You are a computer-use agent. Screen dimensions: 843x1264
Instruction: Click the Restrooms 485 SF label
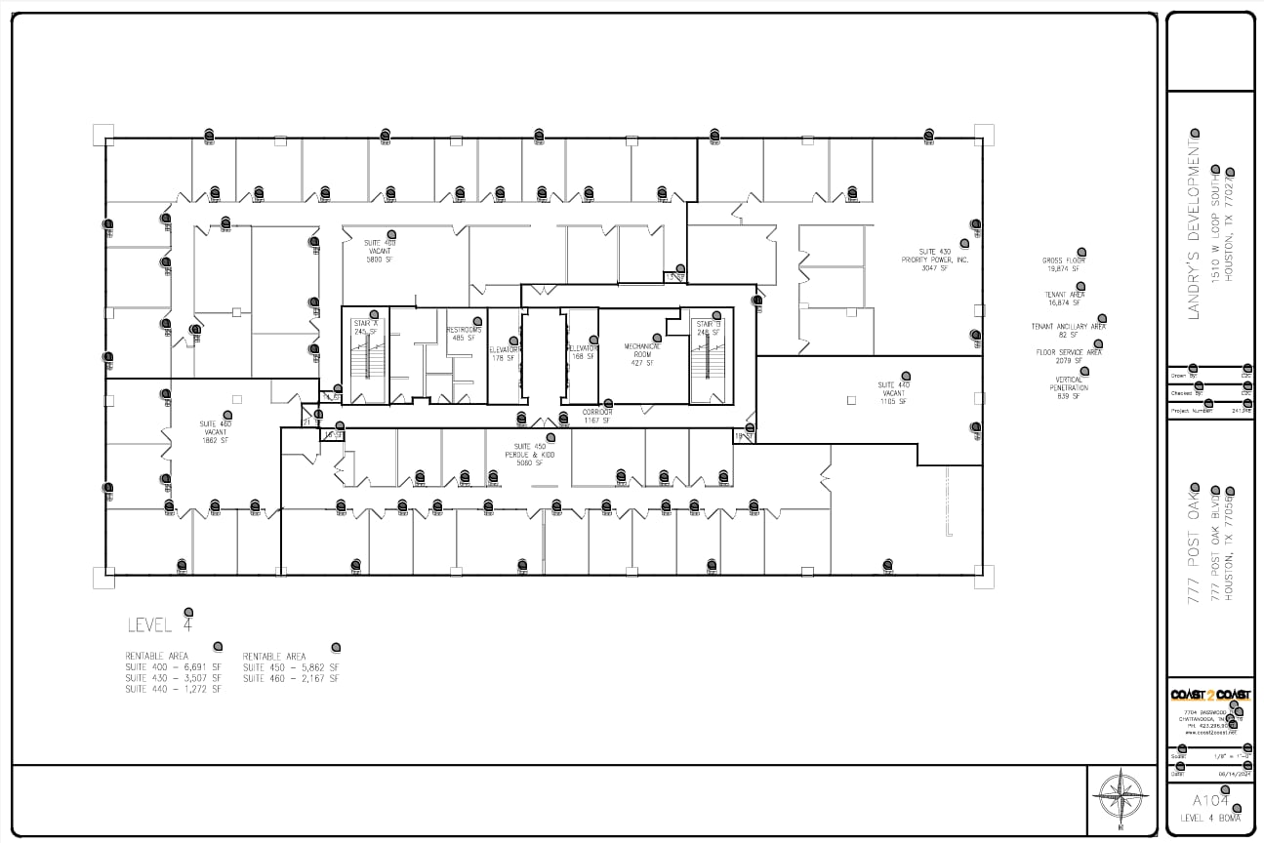click(464, 334)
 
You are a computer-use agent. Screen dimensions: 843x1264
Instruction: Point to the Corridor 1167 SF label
click(597, 416)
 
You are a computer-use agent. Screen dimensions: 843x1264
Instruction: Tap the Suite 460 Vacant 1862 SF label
click(215, 432)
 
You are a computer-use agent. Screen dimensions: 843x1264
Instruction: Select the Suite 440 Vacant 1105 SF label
click(893, 393)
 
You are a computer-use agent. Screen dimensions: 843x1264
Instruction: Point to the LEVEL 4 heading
click(161, 624)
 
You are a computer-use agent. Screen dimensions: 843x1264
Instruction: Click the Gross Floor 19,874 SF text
click(1063, 264)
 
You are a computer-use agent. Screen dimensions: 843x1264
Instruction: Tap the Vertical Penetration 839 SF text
click(1069, 388)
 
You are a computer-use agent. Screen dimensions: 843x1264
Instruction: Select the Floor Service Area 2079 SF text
click(1069, 356)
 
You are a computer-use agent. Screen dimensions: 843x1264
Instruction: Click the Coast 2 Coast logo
click(1210, 695)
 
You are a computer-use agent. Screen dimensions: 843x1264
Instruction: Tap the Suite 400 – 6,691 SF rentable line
click(173, 667)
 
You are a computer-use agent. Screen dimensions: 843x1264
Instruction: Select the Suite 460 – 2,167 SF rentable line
click(291, 678)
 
